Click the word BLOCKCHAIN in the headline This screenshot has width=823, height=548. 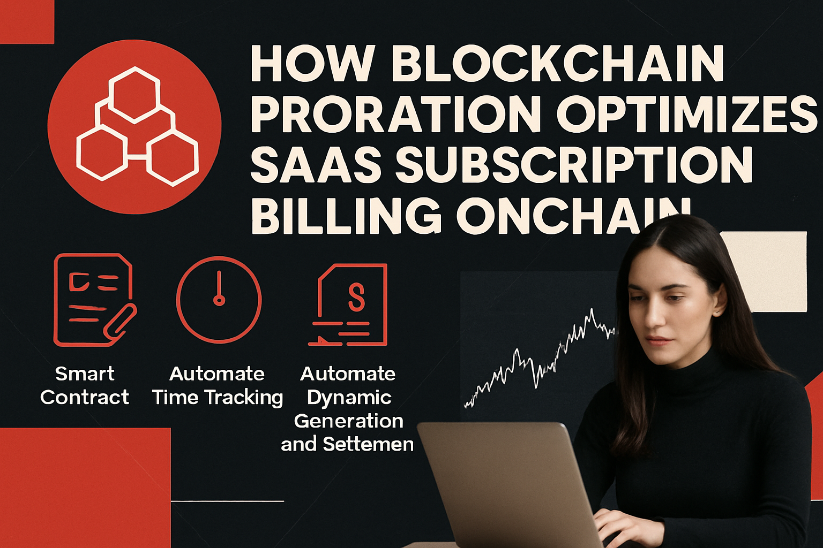[x=558, y=64]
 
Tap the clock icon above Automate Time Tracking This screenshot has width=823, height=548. [x=219, y=299]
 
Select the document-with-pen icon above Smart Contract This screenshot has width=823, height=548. [x=94, y=300]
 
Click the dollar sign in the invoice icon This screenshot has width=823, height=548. [x=356, y=298]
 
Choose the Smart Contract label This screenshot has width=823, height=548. [x=85, y=385]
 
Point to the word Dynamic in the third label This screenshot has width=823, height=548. [x=349, y=398]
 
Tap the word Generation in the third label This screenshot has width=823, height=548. [x=348, y=421]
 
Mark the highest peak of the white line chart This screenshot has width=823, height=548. [x=592, y=310]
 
